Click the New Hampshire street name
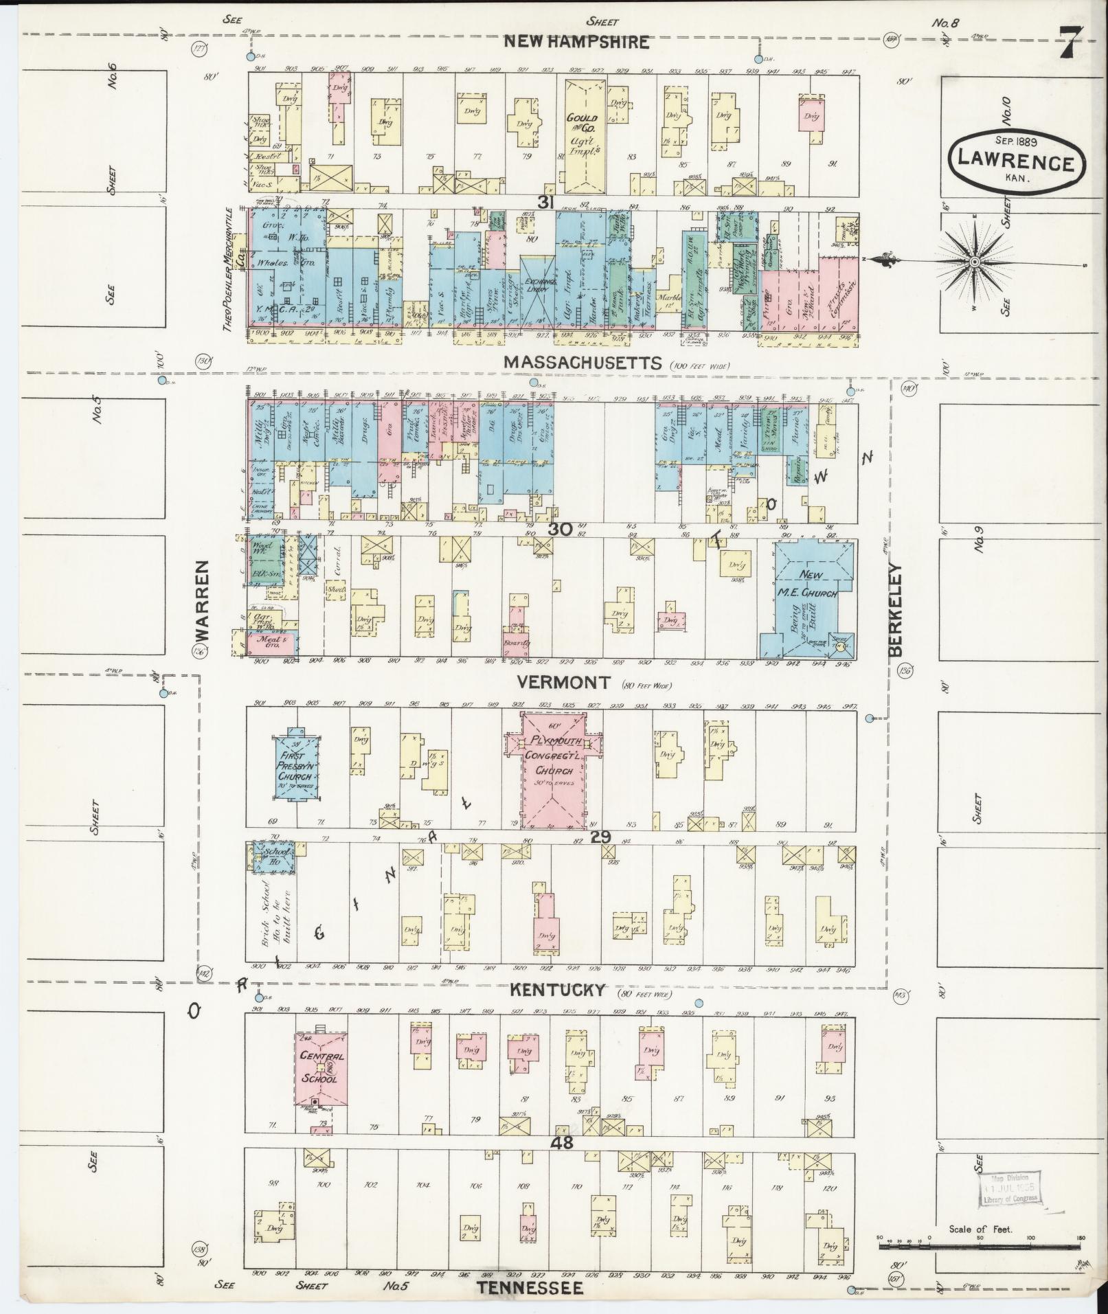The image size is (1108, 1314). (x=576, y=42)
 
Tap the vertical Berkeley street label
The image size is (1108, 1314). (x=897, y=609)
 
